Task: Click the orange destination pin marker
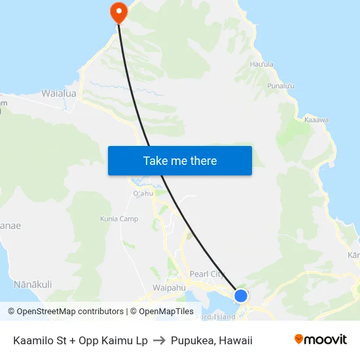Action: click(119, 12)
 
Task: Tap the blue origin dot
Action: click(241, 295)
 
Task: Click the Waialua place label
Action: click(59, 94)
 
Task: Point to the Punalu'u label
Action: click(281, 86)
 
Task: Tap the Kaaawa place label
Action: click(317, 120)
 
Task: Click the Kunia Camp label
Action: click(119, 219)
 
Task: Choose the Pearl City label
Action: click(207, 274)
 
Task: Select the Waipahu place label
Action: click(169, 287)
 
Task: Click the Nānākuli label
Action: click(33, 285)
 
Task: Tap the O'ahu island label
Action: click(142, 194)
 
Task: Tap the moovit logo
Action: click(321, 339)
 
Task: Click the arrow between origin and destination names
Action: click(159, 340)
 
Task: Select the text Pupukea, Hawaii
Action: click(211, 340)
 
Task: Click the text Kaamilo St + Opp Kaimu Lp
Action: click(81, 340)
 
